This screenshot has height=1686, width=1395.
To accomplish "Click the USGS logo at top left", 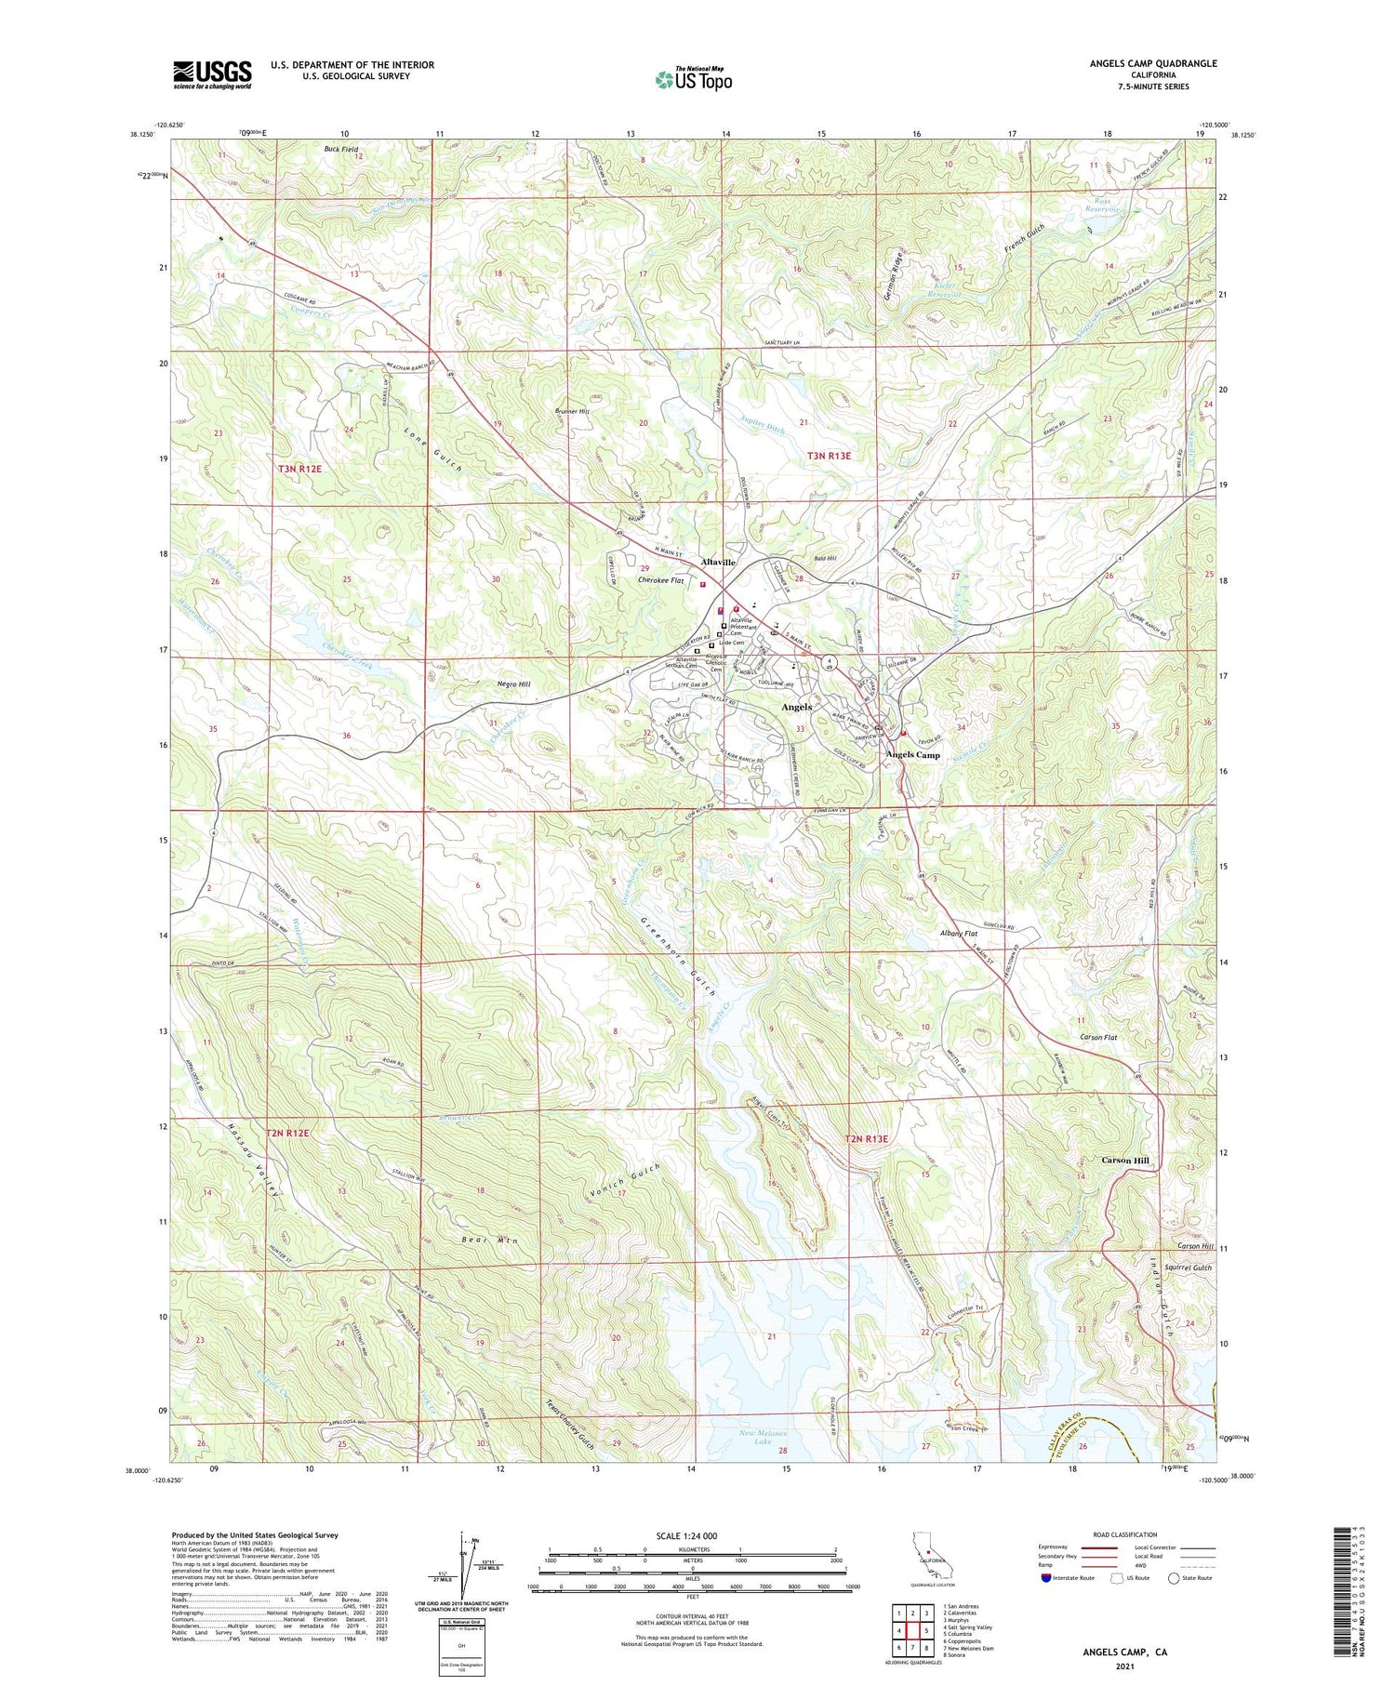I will click(x=212, y=74).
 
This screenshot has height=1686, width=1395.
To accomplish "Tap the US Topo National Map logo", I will click(x=693, y=79).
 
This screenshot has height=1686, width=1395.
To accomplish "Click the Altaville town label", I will click(x=718, y=563).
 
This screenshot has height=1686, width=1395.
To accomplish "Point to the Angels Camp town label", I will click(x=912, y=754).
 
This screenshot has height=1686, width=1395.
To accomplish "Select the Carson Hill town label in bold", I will click(x=1125, y=1160).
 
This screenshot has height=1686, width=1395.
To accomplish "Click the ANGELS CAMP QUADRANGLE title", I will click(x=1152, y=63).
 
